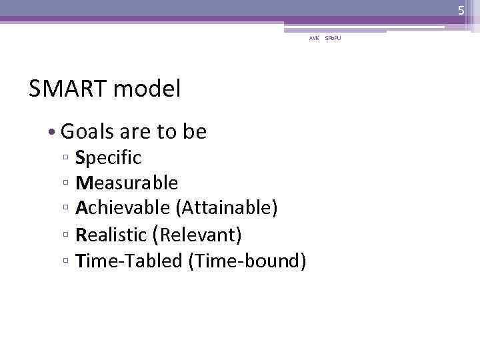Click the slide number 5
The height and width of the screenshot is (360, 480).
(460, 10)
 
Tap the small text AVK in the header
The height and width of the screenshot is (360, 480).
(314, 38)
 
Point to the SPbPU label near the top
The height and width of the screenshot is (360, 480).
(332, 38)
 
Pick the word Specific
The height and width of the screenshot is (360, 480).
(108, 158)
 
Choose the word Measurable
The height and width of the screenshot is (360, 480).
(127, 183)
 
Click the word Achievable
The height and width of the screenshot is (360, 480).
(123, 208)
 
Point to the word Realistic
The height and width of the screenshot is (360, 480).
(111, 235)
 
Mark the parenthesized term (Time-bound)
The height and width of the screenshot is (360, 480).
(247, 261)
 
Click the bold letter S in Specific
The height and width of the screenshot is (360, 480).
(80, 158)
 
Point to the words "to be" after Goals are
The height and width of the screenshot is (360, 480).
(182, 132)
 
